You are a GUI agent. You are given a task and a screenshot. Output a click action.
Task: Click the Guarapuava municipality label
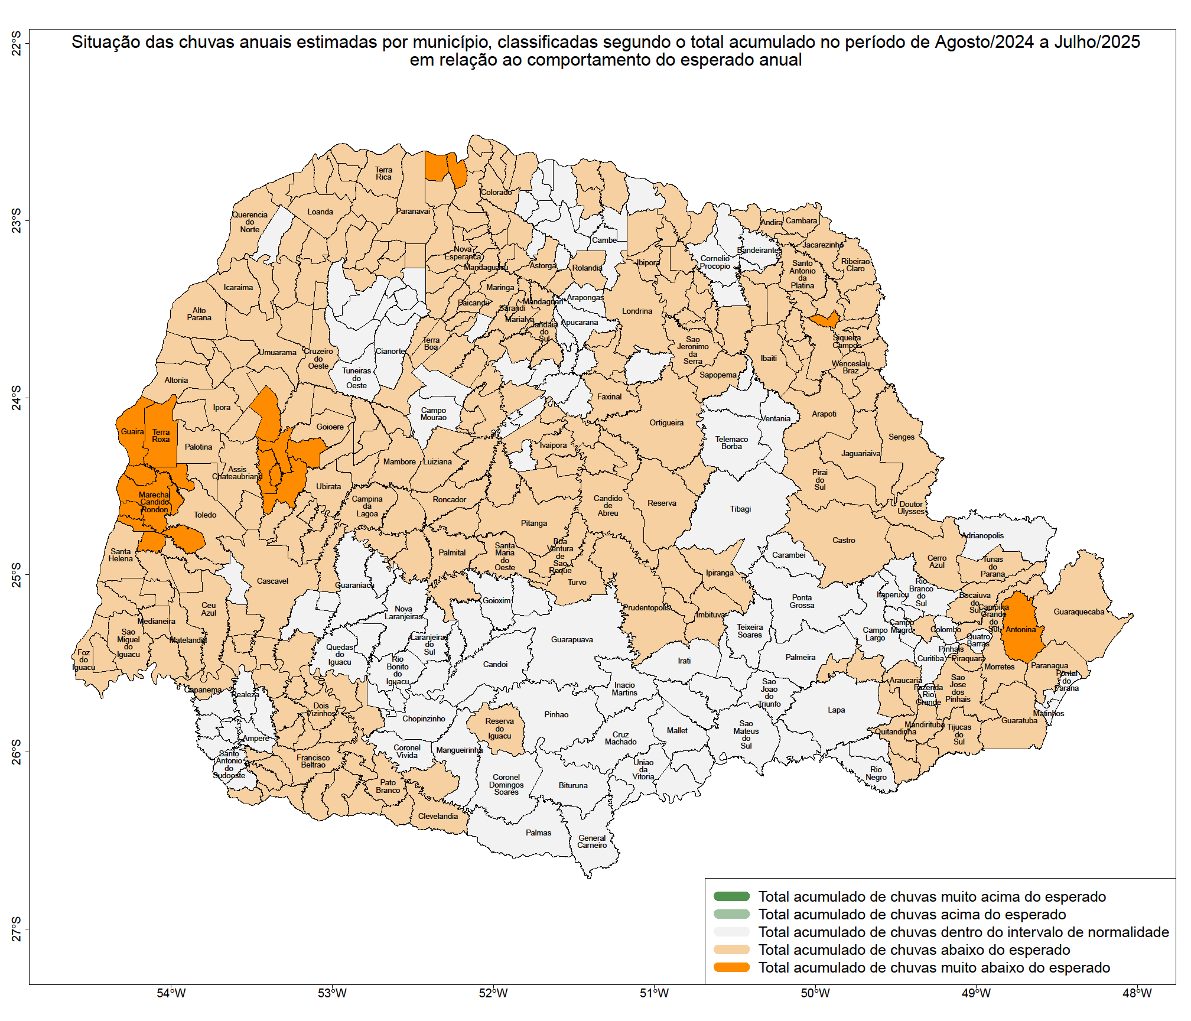pyautogui.click(x=571, y=639)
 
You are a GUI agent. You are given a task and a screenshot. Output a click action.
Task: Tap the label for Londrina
pyautogui.click(x=637, y=311)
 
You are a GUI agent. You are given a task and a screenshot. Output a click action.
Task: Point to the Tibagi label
pyautogui.click(x=740, y=509)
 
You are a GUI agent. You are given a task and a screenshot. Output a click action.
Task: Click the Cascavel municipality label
pyautogui.click(x=272, y=581)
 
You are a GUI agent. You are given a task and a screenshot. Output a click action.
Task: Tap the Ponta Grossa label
pyautogui.click(x=802, y=601)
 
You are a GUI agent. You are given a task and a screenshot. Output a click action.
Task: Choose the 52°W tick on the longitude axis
pyautogui.click(x=493, y=993)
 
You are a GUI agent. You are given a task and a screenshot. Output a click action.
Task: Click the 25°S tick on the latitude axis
pyautogui.click(x=17, y=574)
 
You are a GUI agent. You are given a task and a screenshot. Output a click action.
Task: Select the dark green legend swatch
pyautogui.click(x=731, y=896)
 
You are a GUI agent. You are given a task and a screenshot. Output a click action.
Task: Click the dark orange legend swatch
pyautogui.click(x=731, y=967)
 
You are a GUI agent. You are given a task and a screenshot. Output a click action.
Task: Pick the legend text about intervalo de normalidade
pyautogui.click(x=963, y=932)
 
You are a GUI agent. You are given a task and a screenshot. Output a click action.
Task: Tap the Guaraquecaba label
pyautogui.click(x=1079, y=612)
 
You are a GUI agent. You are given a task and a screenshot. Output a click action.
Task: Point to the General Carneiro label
pyautogui.click(x=592, y=841)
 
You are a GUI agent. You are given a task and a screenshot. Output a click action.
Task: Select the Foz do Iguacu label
pyautogui.click(x=84, y=660)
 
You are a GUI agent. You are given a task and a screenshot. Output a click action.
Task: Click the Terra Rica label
pyautogui.click(x=383, y=173)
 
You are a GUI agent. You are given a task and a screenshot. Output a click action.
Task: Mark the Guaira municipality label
pyautogui.click(x=132, y=431)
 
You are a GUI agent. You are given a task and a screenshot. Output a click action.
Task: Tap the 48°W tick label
pyautogui.click(x=1137, y=993)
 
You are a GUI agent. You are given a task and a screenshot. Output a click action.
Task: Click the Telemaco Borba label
pyautogui.click(x=731, y=443)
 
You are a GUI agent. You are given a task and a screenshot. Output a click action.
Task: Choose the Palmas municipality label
pyautogui.click(x=538, y=833)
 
